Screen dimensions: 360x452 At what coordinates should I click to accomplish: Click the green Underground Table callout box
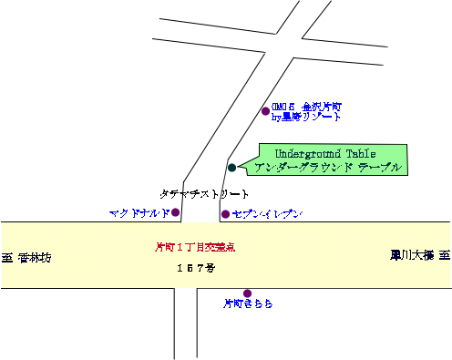tap(332, 159)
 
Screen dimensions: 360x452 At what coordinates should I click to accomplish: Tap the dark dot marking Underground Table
tap(231, 167)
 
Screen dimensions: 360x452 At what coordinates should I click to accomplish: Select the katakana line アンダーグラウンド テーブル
tap(327, 168)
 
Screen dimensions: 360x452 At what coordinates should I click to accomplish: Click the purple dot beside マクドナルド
tap(176, 212)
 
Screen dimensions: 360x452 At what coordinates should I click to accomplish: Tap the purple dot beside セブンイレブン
tap(225, 214)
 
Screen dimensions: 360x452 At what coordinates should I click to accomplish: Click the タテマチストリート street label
tap(204, 194)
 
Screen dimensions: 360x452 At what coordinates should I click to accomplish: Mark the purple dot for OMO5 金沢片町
tap(265, 111)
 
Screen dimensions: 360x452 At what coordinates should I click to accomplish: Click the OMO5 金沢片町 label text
tap(305, 106)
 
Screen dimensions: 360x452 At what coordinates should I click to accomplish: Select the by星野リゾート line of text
tap(305, 118)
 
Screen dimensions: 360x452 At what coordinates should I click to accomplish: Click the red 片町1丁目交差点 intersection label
tap(195, 246)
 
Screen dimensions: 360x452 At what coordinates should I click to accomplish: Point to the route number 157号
tap(195, 268)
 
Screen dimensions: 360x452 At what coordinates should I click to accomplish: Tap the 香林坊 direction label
tap(35, 258)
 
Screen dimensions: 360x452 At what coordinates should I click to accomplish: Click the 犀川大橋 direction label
tap(413, 255)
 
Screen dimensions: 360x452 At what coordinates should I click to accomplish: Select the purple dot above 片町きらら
tap(247, 293)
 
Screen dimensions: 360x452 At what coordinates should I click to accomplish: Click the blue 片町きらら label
tap(248, 303)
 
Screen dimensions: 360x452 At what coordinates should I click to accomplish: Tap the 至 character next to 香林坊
tap(7, 258)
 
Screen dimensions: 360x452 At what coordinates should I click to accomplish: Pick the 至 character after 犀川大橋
tap(446, 255)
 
